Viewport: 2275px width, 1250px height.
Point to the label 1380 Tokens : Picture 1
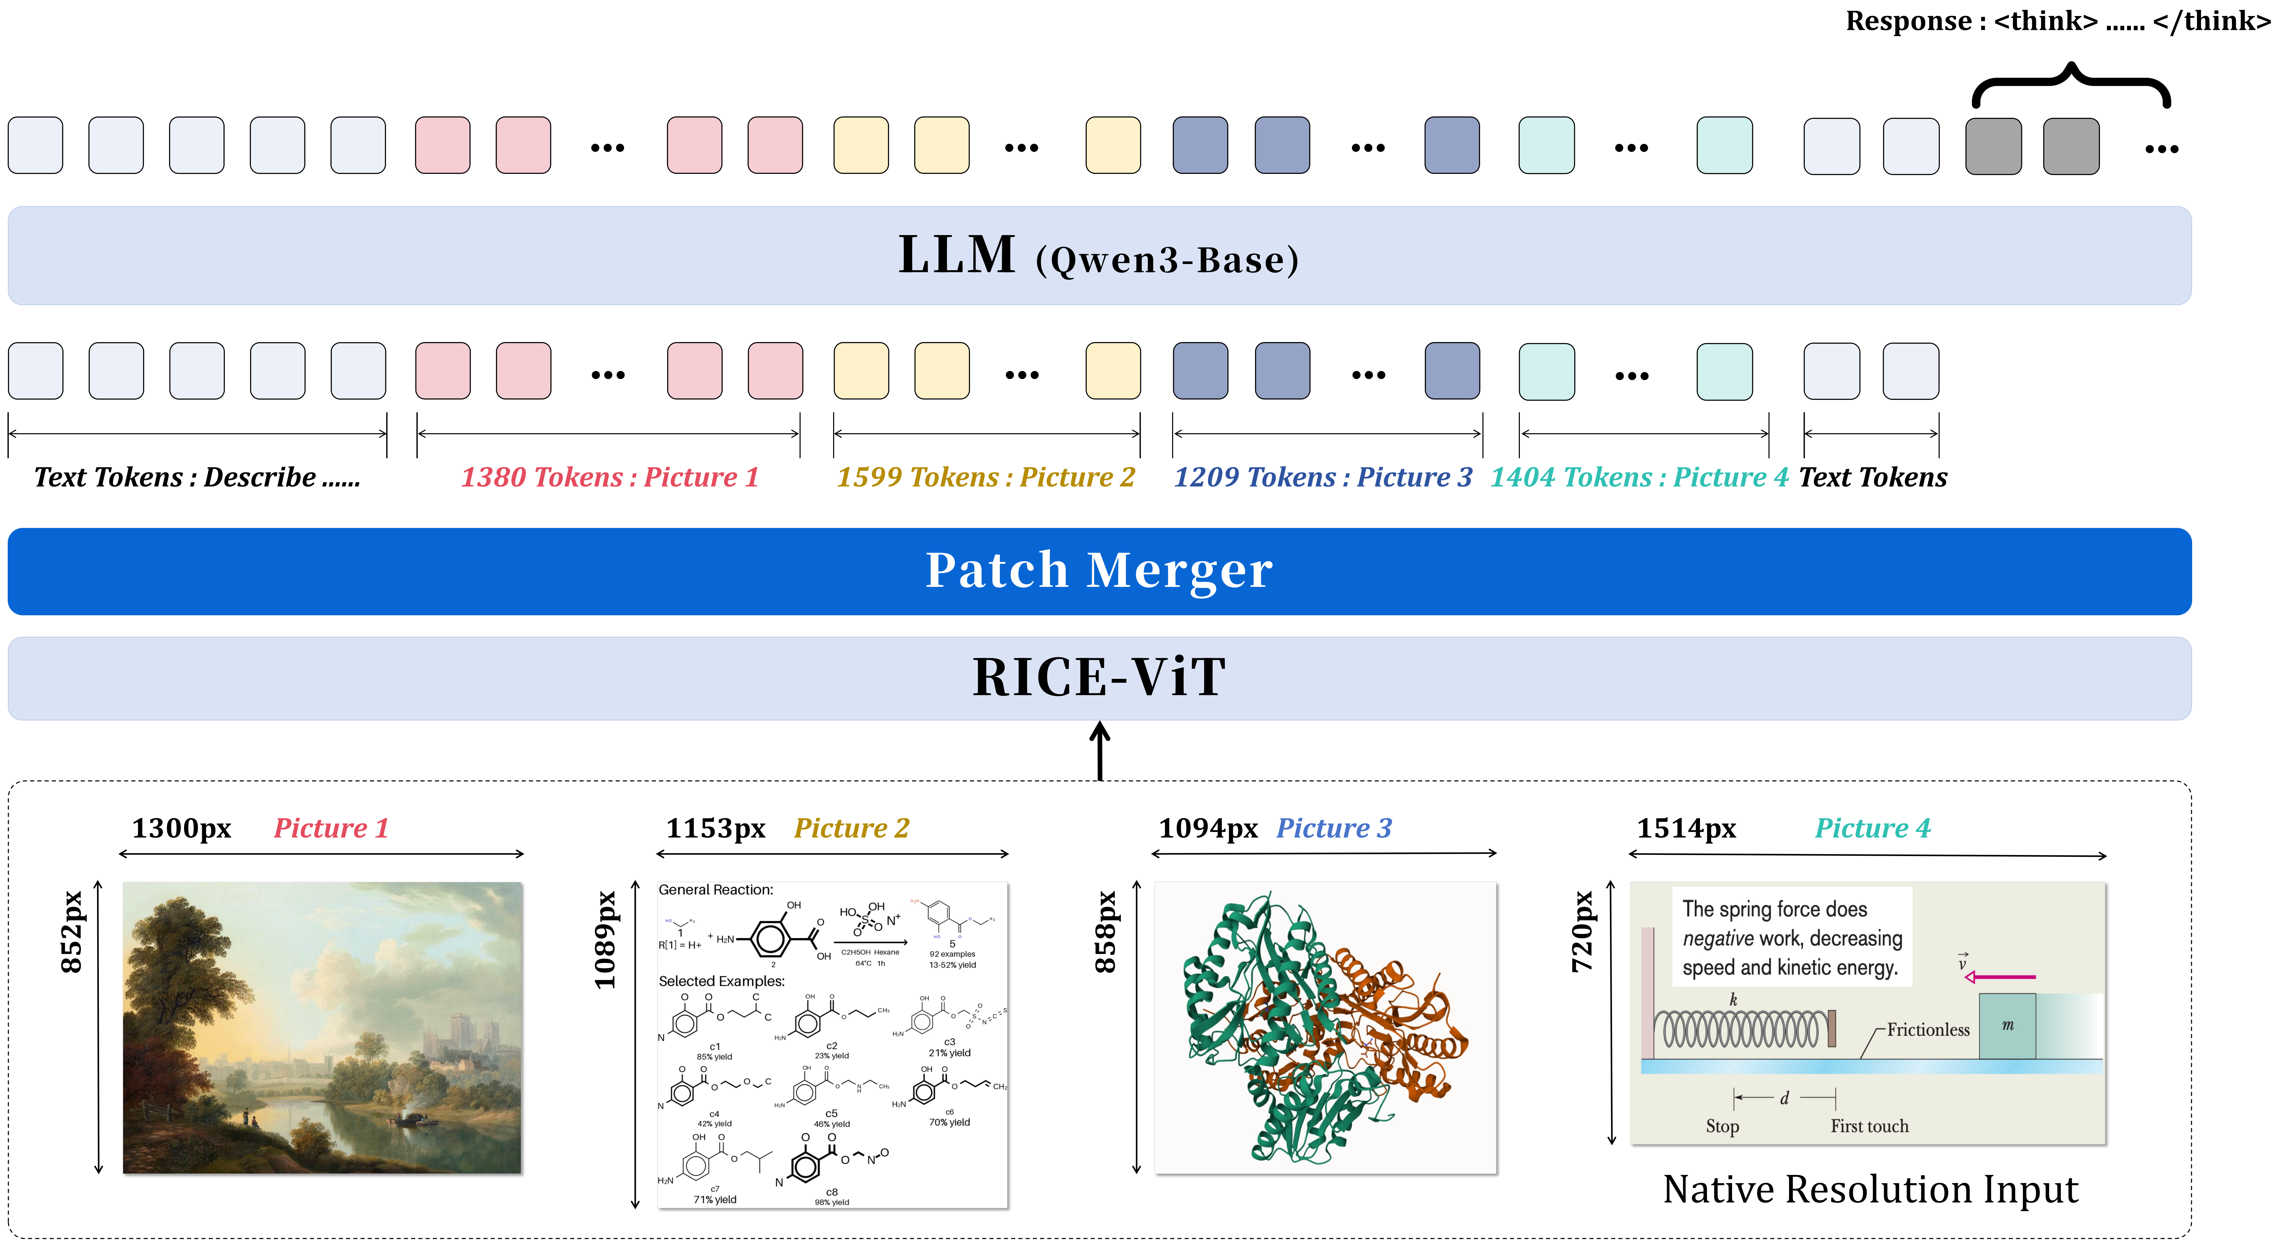coord(609,477)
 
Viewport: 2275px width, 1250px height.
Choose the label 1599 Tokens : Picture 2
coord(986,477)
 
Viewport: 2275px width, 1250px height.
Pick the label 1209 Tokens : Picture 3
coord(1322,477)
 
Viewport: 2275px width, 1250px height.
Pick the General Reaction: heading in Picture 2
coord(715,890)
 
